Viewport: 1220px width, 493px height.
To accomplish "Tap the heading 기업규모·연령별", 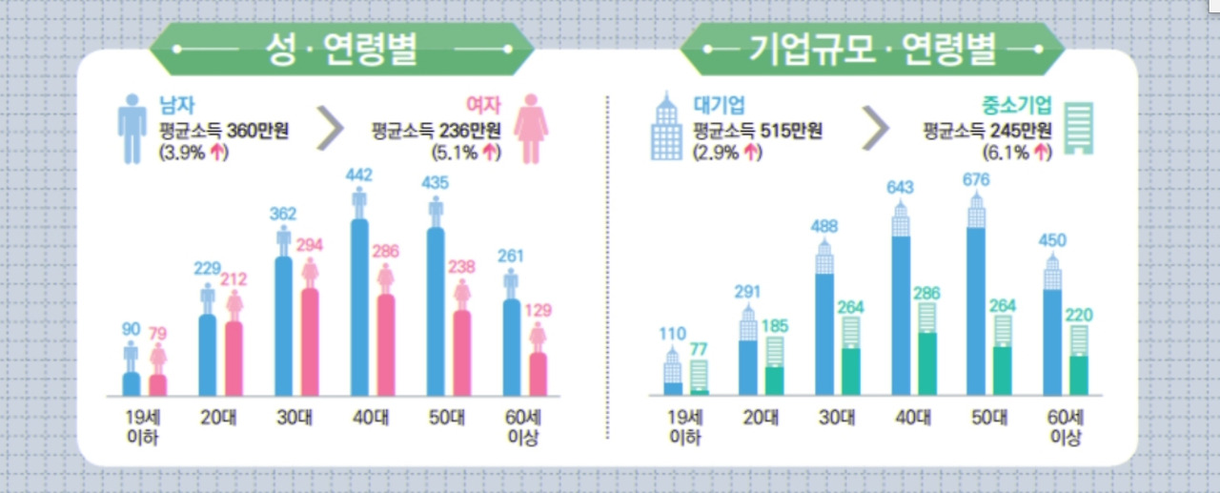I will (873, 49).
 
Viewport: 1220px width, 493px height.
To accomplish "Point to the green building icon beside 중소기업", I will (1079, 128).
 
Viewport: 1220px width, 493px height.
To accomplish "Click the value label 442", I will (359, 175).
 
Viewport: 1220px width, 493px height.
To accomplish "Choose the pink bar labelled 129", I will (538, 374).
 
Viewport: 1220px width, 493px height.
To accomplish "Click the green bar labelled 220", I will (1078, 375).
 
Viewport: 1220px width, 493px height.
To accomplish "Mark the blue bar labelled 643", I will (901, 315).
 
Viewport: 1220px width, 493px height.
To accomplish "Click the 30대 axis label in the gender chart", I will (285, 417).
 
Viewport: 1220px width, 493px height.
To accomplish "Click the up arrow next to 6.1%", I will (1041, 152).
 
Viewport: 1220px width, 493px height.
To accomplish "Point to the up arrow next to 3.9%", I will (217, 152).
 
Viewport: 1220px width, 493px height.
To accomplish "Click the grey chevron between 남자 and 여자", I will (330, 129).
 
